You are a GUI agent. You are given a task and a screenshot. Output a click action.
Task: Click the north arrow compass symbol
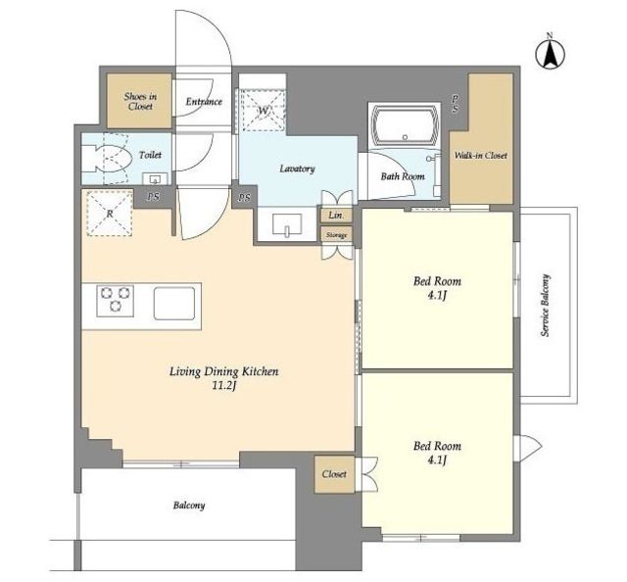coord(550,54)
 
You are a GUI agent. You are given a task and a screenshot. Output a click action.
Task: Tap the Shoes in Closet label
coord(140,101)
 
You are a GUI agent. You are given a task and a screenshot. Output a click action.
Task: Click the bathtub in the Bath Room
coord(405,124)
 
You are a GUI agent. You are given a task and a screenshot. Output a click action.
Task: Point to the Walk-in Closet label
coord(481,155)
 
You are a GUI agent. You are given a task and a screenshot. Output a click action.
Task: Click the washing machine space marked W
coord(263,111)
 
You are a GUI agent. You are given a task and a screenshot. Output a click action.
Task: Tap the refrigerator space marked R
coord(110,214)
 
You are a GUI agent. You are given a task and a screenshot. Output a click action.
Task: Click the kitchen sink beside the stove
coord(174,303)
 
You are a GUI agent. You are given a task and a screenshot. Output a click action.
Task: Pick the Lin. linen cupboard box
coord(336,216)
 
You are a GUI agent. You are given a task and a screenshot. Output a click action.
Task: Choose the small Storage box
coord(336,235)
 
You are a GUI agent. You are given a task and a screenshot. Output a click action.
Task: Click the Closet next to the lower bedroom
coord(334,474)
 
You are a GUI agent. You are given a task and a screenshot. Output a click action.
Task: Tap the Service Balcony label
coord(546,305)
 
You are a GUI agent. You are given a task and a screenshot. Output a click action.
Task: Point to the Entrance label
coord(204,102)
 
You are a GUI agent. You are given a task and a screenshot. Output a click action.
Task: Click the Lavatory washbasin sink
coord(287,224)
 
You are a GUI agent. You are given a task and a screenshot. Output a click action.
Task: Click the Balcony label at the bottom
coord(189,506)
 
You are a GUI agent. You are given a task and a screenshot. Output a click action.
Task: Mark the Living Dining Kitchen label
coord(224,371)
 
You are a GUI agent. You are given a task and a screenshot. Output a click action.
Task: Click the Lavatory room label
coord(297,169)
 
